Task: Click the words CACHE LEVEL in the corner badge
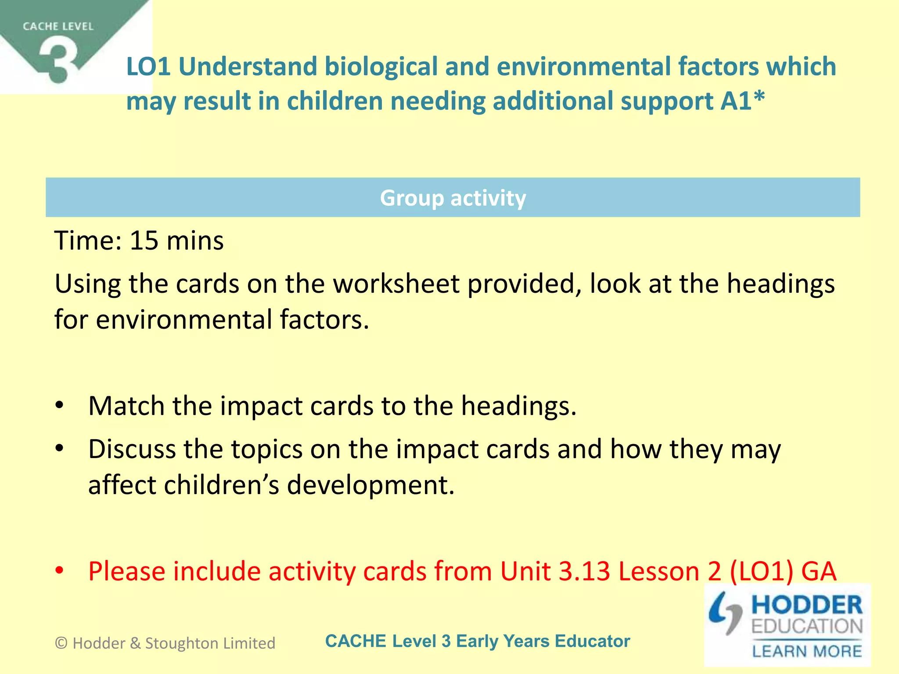coord(58,27)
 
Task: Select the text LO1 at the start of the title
coord(148,67)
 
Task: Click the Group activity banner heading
coord(453,198)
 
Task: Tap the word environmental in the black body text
coord(184,319)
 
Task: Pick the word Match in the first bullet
coord(126,406)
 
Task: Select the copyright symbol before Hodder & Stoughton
coord(61,643)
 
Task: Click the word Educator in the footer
coord(592,641)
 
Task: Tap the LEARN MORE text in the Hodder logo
coord(807,651)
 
